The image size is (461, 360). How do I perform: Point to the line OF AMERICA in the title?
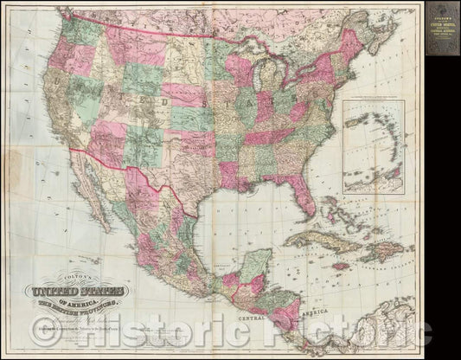point(101,305)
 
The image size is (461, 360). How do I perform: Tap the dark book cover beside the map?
point(437,29)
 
